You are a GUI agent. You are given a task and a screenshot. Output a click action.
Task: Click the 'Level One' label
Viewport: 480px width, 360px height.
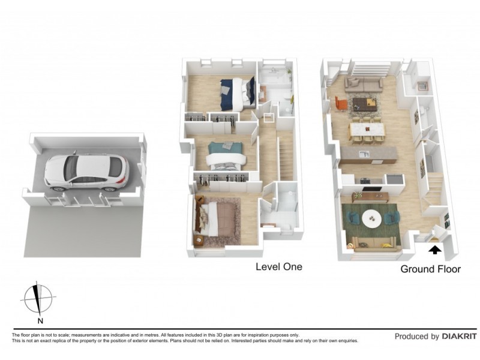coord(278,266)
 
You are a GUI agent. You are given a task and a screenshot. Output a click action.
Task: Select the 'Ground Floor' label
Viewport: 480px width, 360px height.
coord(430,269)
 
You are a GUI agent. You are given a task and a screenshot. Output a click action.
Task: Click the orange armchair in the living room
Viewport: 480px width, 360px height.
coord(341,104)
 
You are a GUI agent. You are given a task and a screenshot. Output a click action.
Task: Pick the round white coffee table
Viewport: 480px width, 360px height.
coord(374,219)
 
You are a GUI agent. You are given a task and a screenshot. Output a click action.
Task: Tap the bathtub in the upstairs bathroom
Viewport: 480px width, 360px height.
coord(275,76)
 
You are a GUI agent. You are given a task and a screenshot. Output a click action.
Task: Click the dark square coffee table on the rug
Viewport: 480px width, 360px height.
coord(365,103)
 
